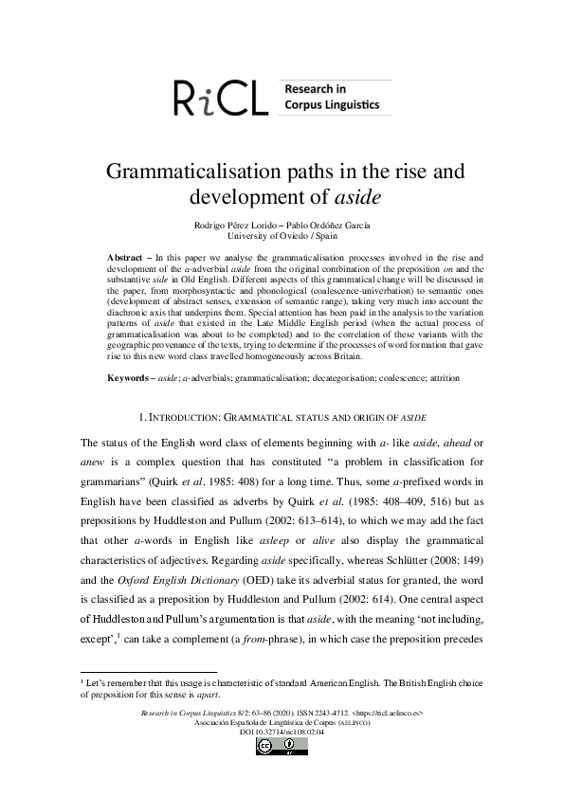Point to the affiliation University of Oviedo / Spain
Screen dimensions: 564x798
pyautogui.click(x=282, y=235)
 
